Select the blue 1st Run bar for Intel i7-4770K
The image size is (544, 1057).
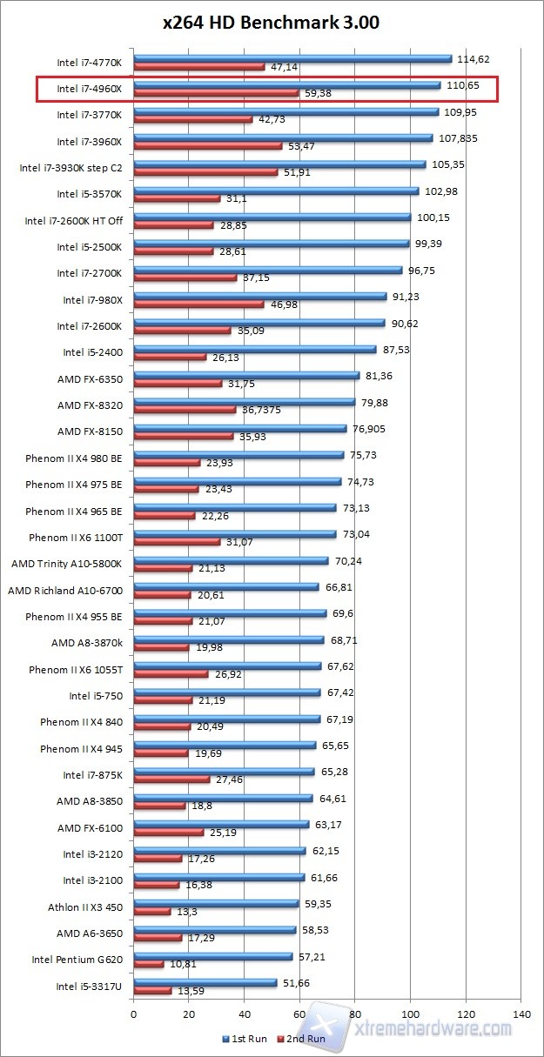click(x=292, y=59)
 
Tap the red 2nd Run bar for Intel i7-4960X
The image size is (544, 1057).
click(x=216, y=93)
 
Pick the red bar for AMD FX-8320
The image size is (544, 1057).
click(x=185, y=410)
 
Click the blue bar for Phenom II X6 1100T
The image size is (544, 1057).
click(x=234, y=534)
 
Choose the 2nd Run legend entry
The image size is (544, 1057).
click(x=302, y=1039)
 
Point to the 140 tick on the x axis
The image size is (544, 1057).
click(x=521, y=1014)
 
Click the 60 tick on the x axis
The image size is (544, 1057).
click(x=300, y=1014)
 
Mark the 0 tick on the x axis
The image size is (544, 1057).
click(x=134, y=1014)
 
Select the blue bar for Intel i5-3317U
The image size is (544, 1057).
click(x=205, y=982)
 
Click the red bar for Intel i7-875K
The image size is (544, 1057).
click(x=171, y=779)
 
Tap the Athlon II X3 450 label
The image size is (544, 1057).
click(x=85, y=907)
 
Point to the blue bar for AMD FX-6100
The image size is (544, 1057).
click(x=221, y=824)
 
